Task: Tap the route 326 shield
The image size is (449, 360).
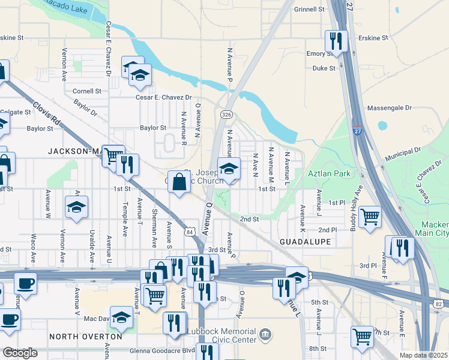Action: pos(226,115)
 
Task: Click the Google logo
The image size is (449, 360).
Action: pos(20,353)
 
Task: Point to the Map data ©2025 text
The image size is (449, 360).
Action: pos(423,355)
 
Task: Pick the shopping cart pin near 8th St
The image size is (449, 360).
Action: pos(363,337)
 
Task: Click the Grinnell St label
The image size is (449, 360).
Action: pos(309,10)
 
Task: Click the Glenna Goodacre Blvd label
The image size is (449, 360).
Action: pos(163,350)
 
